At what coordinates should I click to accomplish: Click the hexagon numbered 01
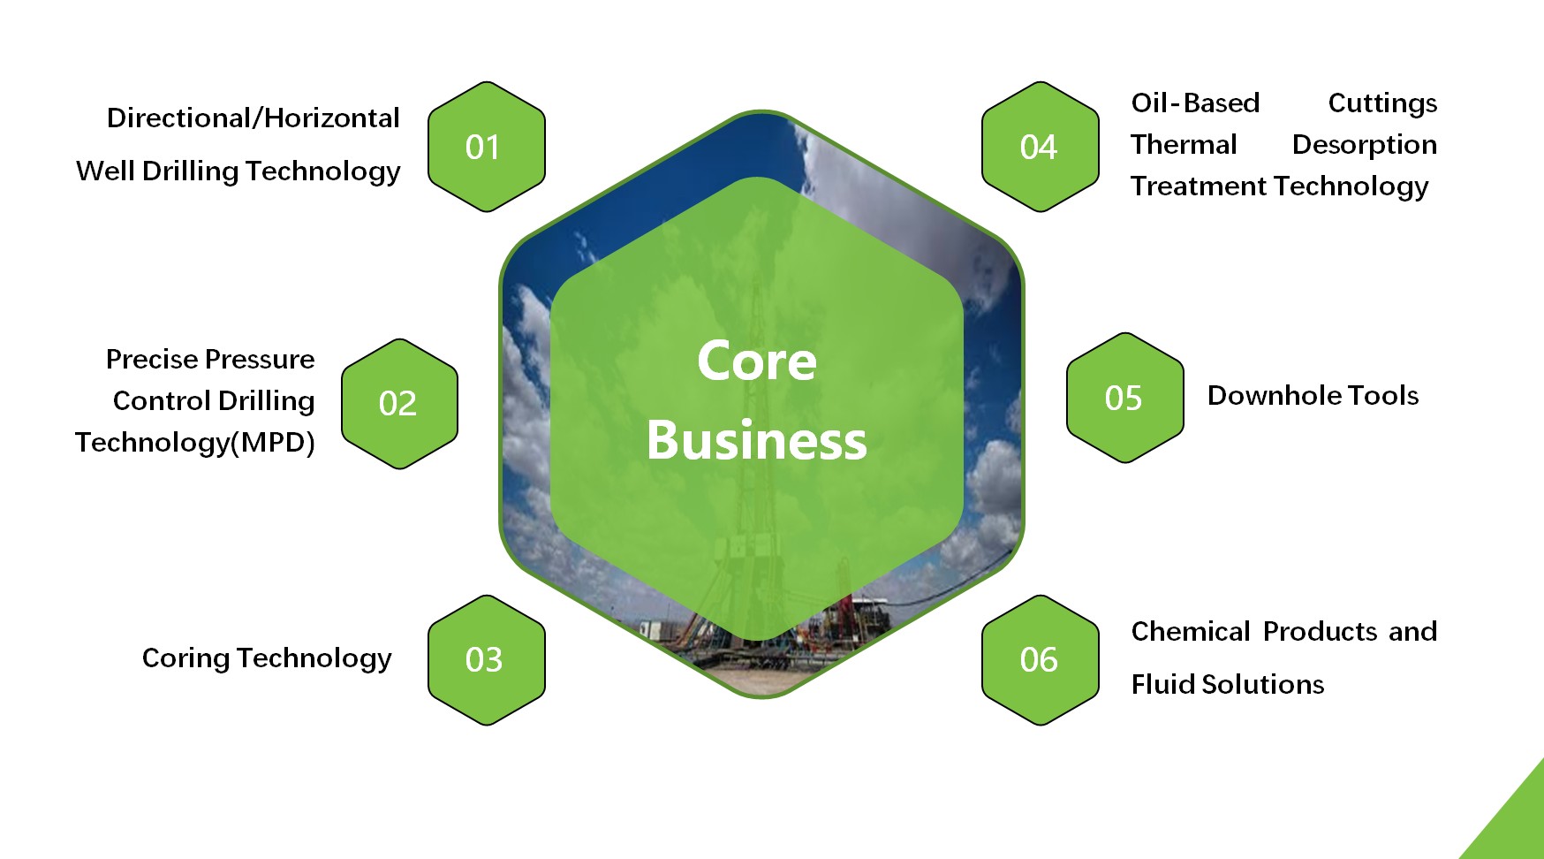(x=486, y=147)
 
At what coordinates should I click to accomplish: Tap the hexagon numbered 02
(x=399, y=404)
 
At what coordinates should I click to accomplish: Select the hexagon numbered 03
(x=486, y=660)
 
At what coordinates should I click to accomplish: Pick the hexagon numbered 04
(x=1040, y=147)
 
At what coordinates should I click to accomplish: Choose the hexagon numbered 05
(x=1124, y=398)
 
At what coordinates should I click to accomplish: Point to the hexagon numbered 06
(x=1040, y=660)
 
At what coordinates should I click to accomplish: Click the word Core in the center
(x=757, y=361)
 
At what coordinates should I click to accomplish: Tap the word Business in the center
(x=757, y=440)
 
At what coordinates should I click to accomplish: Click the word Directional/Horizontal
(x=253, y=118)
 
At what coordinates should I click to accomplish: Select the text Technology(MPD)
(x=195, y=442)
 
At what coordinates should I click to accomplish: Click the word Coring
(x=185, y=658)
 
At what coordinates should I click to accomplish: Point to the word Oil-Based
(x=1195, y=103)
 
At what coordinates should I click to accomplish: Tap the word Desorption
(x=1364, y=145)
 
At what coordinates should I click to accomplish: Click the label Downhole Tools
(x=1313, y=396)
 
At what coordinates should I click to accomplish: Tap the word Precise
(x=152, y=360)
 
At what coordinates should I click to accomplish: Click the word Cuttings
(x=1382, y=103)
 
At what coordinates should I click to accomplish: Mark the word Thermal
(x=1184, y=145)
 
